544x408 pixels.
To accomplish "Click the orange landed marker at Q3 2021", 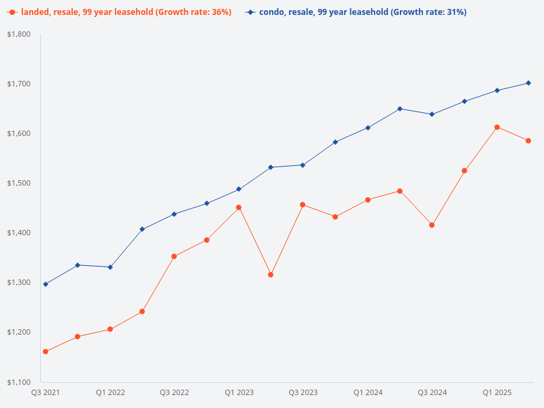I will pos(46,352).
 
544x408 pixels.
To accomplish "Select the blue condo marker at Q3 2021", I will pos(46,284).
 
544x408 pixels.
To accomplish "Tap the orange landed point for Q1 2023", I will pos(239,207).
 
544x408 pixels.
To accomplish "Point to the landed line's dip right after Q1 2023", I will pos(271,275).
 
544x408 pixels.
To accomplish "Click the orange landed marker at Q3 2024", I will pos(432,225).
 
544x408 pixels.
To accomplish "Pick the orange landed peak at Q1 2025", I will pos(497,127).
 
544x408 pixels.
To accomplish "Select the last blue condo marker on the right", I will pos(528,83).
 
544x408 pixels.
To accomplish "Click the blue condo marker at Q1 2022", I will pos(110,267).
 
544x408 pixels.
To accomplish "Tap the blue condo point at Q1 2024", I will pos(368,128).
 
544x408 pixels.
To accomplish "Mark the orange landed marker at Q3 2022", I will pos(174,256).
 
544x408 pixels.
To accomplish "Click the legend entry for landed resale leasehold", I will pos(126,12).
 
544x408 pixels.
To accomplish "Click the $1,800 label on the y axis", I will pos(19,34).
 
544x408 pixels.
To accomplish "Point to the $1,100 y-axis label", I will pos(19,381).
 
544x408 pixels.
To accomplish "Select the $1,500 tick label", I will pos(19,183).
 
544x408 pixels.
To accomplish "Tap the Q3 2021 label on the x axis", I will pos(46,392).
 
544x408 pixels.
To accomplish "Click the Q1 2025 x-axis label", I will pos(497,392).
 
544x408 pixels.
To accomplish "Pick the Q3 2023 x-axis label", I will pos(303,392).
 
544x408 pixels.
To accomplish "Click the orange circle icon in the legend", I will pos(12,12).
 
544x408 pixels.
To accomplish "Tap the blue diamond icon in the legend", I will pos(250,12).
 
